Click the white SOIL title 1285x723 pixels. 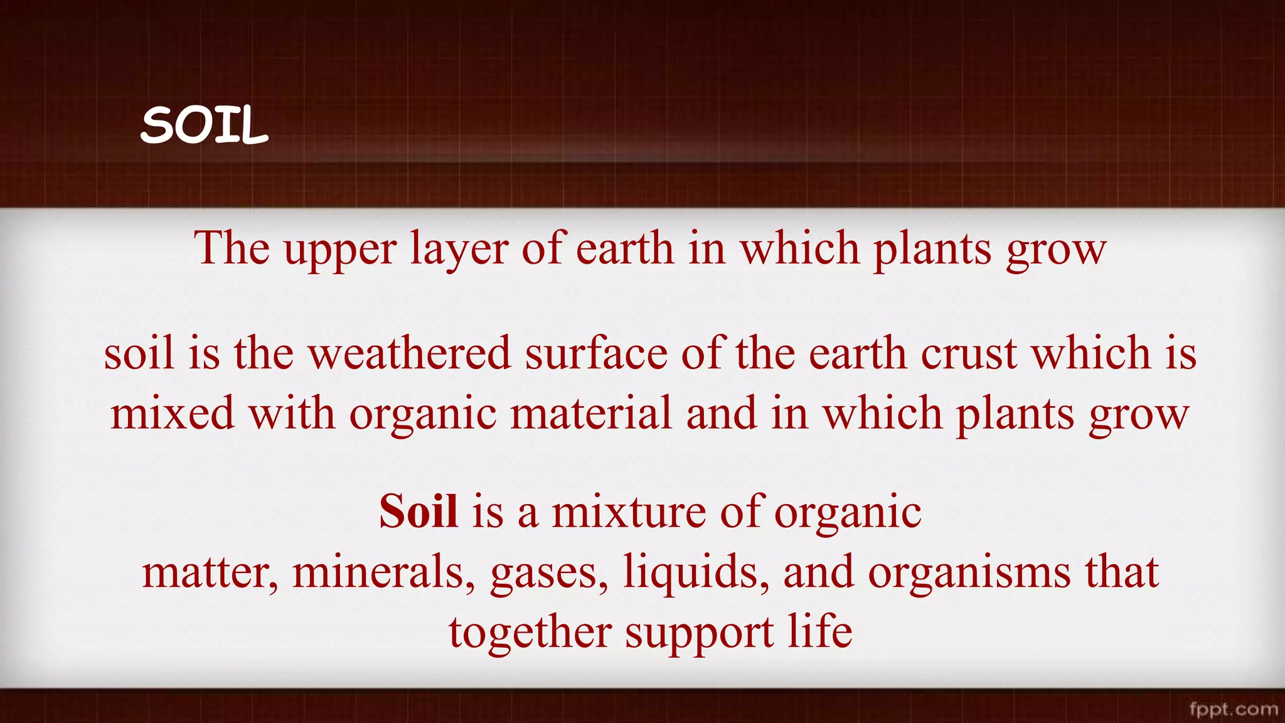(x=205, y=125)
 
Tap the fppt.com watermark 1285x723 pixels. (x=1234, y=709)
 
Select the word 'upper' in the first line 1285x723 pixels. (x=340, y=250)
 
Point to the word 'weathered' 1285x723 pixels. (x=410, y=353)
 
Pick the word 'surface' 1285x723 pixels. (x=596, y=353)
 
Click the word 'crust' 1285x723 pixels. (x=969, y=353)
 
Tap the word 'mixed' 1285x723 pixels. (x=173, y=414)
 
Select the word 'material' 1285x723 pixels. (x=591, y=414)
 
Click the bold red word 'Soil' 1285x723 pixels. (x=418, y=511)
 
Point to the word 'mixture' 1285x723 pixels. (x=628, y=511)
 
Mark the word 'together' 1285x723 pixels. (x=530, y=633)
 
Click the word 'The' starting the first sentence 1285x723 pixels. (x=232, y=249)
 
